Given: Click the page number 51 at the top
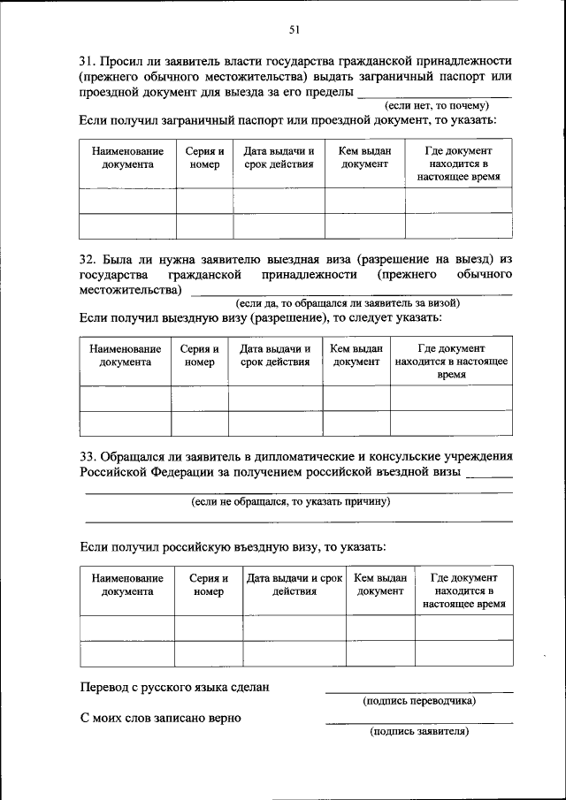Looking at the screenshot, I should (x=295, y=30).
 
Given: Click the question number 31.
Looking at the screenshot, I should (x=87, y=62).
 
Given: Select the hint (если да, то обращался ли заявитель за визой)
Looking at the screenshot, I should (x=347, y=303).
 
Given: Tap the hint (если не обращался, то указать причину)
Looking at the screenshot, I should (x=291, y=501).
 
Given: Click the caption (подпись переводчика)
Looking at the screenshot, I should (x=419, y=701).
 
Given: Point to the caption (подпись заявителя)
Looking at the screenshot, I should (x=419, y=731).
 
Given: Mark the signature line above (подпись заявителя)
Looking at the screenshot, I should (x=419, y=722).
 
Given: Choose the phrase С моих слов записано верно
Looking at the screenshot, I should (x=161, y=717).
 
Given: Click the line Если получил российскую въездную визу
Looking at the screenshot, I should (x=233, y=547).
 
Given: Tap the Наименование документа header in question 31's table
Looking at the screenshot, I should (x=127, y=157).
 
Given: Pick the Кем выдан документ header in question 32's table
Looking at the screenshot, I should (x=356, y=355).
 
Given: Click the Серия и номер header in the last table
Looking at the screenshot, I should (x=209, y=584).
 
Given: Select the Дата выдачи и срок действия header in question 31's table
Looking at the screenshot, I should (x=279, y=157).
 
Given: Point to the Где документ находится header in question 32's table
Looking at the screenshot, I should (x=451, y=362).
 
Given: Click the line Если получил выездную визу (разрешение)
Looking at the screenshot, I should (x=260, y=316).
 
